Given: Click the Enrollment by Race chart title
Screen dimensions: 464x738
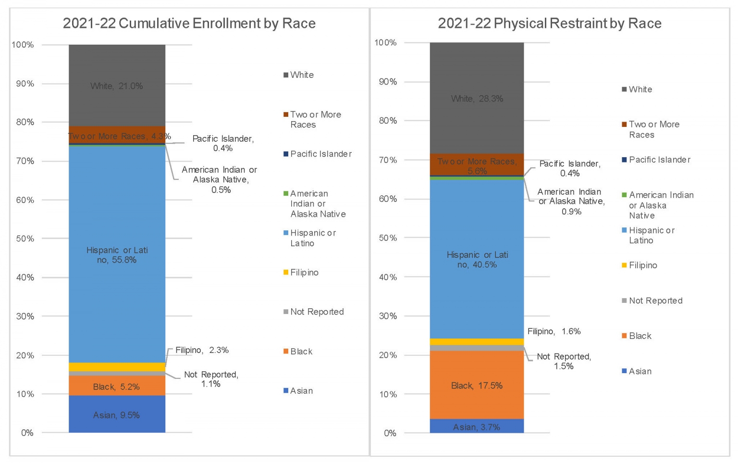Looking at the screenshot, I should click(189, 23).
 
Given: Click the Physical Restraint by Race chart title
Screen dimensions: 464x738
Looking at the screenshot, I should click(549, 23).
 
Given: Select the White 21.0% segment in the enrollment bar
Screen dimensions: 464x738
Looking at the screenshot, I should click(117, 86).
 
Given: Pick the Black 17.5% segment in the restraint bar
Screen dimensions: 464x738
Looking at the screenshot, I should click(477, 385).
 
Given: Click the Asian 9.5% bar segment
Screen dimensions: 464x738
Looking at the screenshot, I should click(117, 414).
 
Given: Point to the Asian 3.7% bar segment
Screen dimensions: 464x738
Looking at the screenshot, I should click(477, 426).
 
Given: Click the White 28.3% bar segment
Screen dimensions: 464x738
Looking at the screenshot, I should click(477, 99).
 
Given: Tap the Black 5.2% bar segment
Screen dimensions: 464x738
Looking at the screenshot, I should click(117, 386).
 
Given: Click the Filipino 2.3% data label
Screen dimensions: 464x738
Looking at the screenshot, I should click(202, 350).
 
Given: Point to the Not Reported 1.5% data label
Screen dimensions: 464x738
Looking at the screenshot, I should click(564, 361).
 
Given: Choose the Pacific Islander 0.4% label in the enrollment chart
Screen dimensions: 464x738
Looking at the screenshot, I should click(223, 143).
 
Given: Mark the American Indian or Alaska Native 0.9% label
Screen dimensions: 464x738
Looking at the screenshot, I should click(571, 201).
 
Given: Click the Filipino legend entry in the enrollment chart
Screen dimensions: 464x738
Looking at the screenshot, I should click(304, 273).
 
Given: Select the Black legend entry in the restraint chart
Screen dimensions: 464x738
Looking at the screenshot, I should click(640, 336).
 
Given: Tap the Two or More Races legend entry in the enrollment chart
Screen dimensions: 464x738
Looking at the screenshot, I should click(315, 119).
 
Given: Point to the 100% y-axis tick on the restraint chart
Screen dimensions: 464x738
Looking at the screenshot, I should click(385, 43).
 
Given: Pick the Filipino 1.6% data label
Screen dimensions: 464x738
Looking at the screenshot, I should click(554, 331).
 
